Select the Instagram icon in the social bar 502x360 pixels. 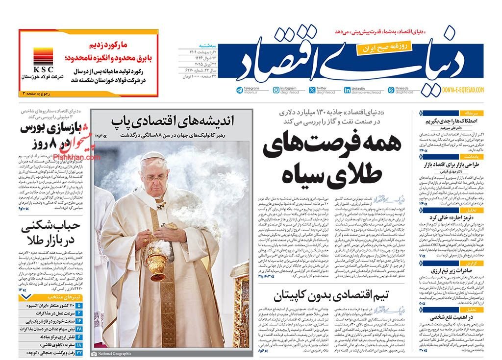pyautogui.click(x=277, y=90)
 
